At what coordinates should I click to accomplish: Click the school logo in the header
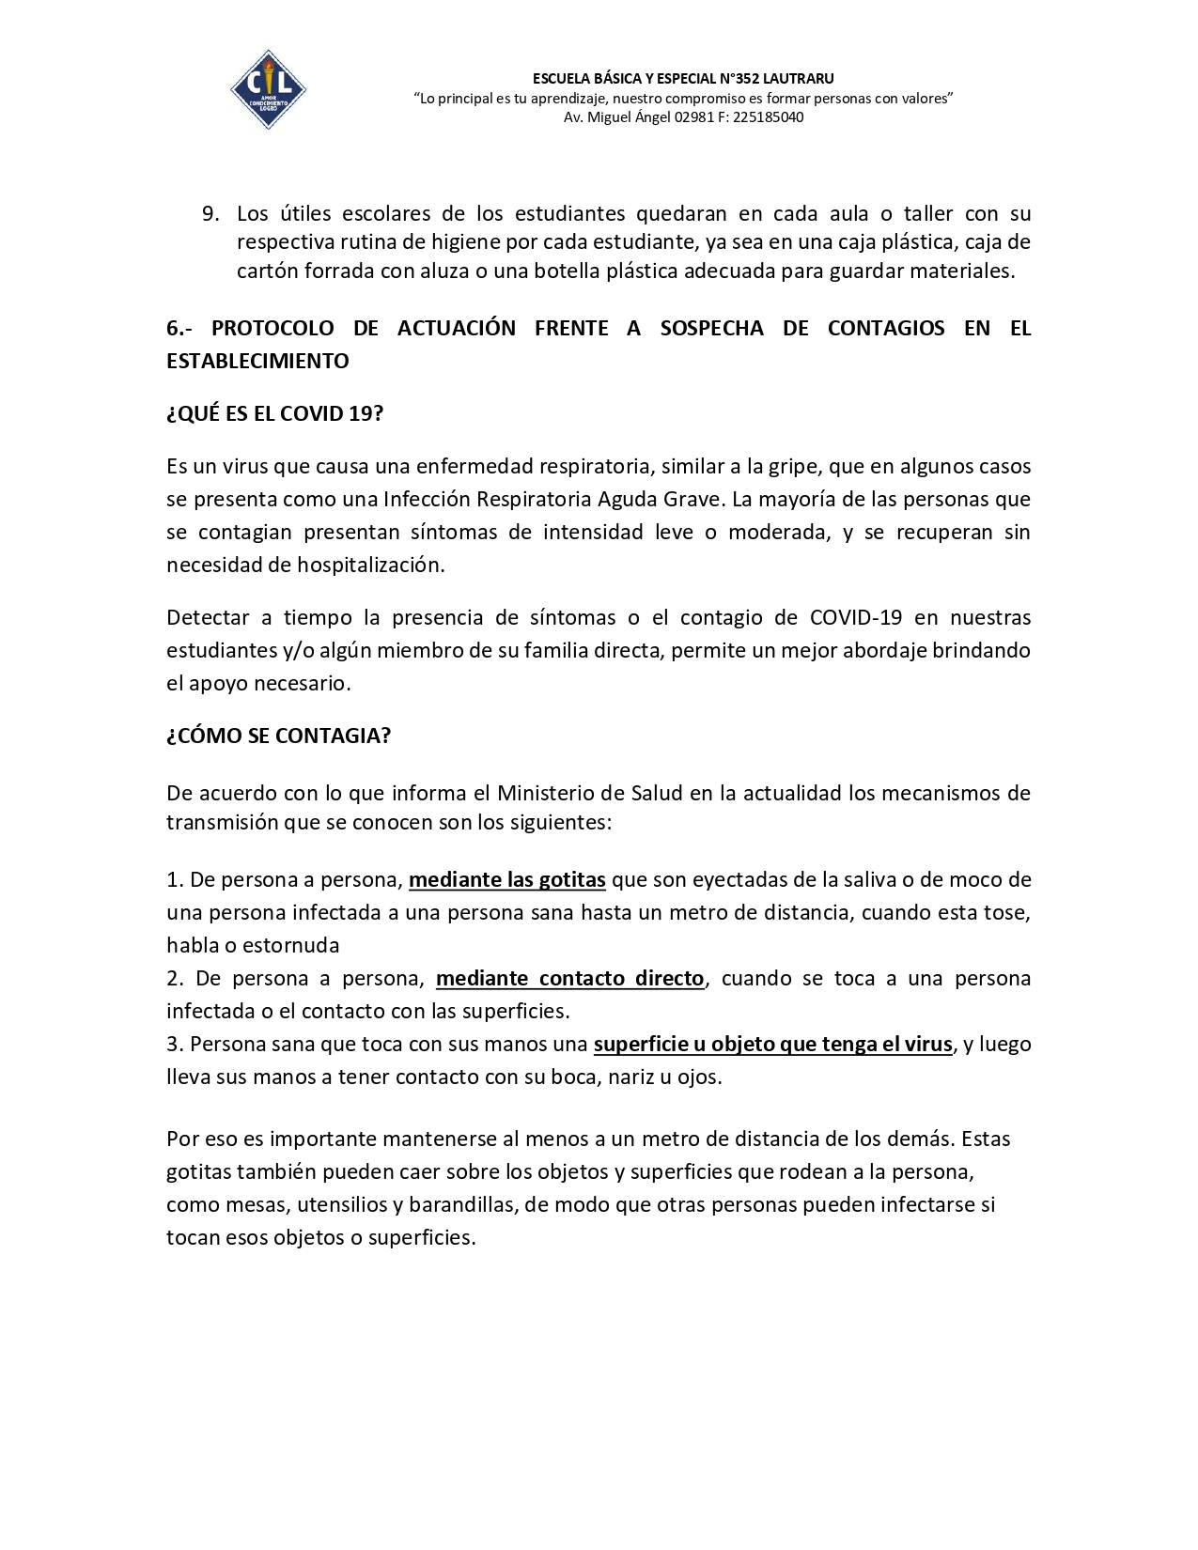(x=268, y=89)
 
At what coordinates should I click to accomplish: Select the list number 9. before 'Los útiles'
(x=210, y=214)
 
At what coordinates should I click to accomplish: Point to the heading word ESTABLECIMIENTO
(x=257, y=361)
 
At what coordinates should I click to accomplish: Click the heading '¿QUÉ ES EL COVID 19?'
(x=274, y=413)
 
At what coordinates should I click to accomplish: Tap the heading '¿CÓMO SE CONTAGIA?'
(x=278, y=736)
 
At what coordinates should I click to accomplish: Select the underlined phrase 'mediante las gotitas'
(x=507, y=879)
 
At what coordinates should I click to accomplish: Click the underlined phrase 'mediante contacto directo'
(x=570, y=978)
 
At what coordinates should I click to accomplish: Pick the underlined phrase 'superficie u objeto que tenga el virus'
(x=773, y=1044)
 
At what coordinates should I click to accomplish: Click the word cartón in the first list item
(x=267, y=271)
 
